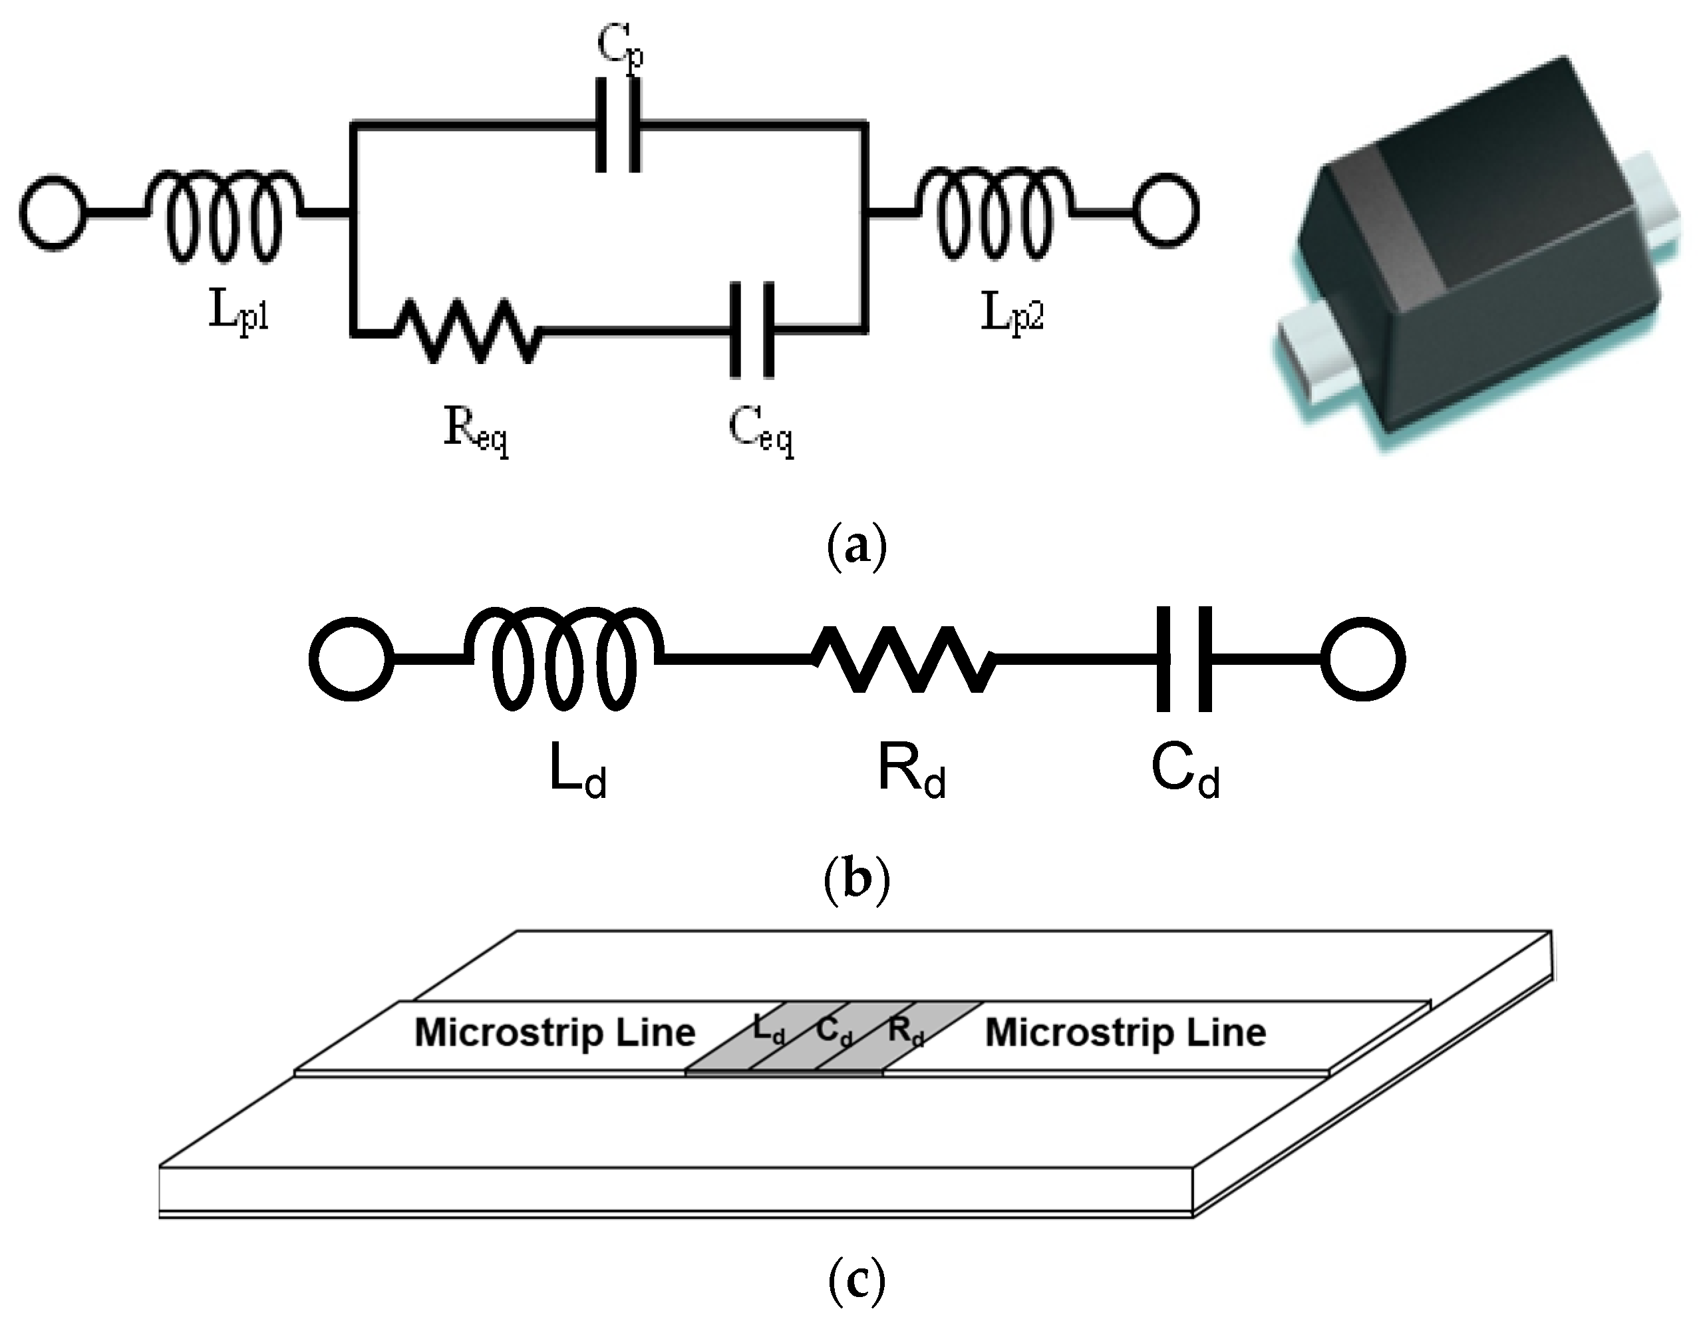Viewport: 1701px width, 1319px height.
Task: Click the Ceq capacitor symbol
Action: click(x=752, y=331)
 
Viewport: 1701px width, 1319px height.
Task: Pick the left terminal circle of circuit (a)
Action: click(x=52, y=212)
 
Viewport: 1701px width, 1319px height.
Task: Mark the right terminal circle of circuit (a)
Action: click(x=1165, y=211)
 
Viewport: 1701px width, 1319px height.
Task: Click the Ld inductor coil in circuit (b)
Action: click(x=564, y=658)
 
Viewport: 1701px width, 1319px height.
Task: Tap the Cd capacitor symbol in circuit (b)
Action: click(x=1184, y=659)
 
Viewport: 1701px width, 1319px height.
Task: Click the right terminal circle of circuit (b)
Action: click(x=1363, y=659)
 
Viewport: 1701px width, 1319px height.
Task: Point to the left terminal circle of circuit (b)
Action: click(x=351, y=659)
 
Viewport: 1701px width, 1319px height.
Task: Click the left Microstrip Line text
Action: click(x=555, y=1033)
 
